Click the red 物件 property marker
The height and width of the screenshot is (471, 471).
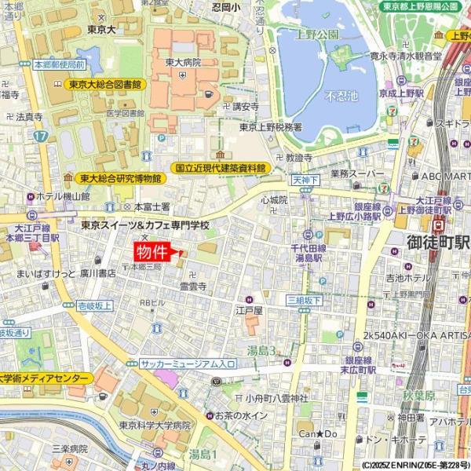tap(153, 252)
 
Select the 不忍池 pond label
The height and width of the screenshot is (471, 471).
tap(340, 96)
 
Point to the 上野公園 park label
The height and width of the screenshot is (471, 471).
tap(317, 35)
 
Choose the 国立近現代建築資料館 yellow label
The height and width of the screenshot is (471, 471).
tap(220, 168)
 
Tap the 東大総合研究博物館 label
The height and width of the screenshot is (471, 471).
tap(119, 179)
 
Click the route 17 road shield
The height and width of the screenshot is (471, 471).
tap(41, 136)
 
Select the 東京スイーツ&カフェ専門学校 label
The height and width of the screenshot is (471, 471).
tap(146, 225)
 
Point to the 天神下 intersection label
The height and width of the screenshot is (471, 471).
tap(305, 180)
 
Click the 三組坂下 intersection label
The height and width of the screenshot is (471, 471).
tap(304, 300)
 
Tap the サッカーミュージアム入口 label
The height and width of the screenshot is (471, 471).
tap(188, 364)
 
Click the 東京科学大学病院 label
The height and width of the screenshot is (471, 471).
tap(155, 425)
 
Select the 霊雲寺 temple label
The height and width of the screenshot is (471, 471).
tap(192, 287)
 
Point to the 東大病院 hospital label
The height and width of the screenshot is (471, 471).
tap(183, 63)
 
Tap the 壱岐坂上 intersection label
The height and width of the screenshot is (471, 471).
tap(94, 305)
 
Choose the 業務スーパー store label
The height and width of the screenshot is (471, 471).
tap(356, 173)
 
